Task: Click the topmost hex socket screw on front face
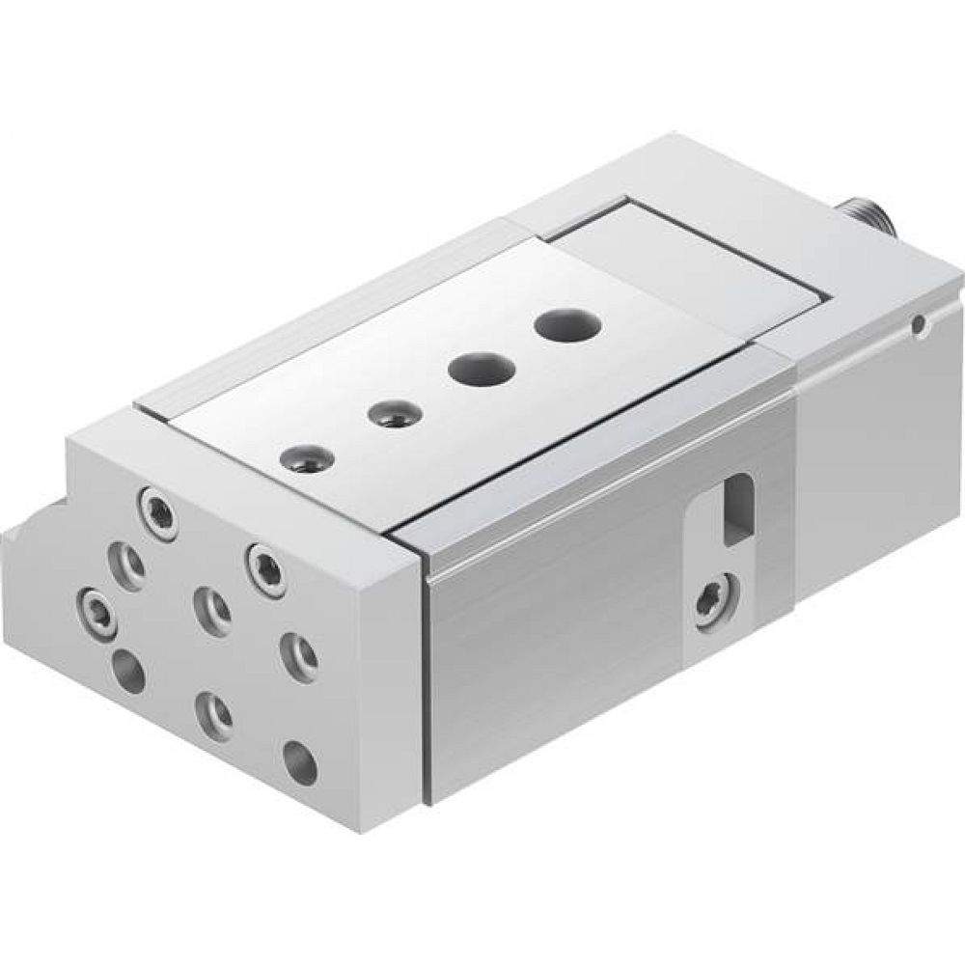point(159,509)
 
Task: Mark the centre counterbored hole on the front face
point(211,610)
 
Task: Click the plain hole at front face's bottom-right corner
point(300,763)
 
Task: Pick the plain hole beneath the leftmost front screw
point(127,670)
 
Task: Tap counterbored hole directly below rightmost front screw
point(298,657)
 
